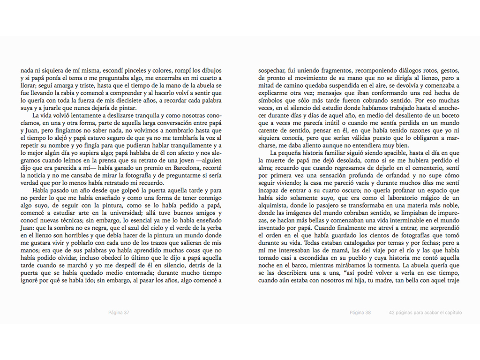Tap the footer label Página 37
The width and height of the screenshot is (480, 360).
(x=119, y=313)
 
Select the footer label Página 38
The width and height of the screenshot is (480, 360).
(x=360, y=313)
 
